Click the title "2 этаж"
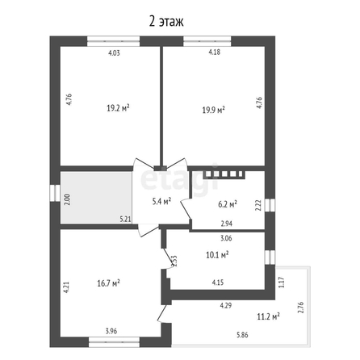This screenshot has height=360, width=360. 166,22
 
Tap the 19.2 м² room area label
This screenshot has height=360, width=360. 118,108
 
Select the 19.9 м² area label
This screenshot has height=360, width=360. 214,110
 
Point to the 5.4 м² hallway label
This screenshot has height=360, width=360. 161,201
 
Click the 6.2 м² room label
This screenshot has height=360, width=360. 228,204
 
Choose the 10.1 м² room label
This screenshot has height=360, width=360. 217,254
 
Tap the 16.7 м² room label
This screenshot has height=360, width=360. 108,283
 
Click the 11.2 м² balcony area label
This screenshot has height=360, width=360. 268,316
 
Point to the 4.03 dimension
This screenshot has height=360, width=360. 114,53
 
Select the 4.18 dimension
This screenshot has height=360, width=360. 215,52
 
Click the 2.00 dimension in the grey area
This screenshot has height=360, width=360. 68,199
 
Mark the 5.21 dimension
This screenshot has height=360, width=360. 125,220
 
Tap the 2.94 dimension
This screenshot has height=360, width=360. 227,224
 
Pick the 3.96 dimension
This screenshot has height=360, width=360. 111,331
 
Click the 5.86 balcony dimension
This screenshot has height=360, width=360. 242,335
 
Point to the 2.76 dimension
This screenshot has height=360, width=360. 300,308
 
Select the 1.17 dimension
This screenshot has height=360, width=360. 282,283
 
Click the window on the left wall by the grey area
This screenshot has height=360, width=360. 55,193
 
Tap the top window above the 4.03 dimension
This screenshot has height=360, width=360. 114,41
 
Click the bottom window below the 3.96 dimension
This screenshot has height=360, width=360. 114,342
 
